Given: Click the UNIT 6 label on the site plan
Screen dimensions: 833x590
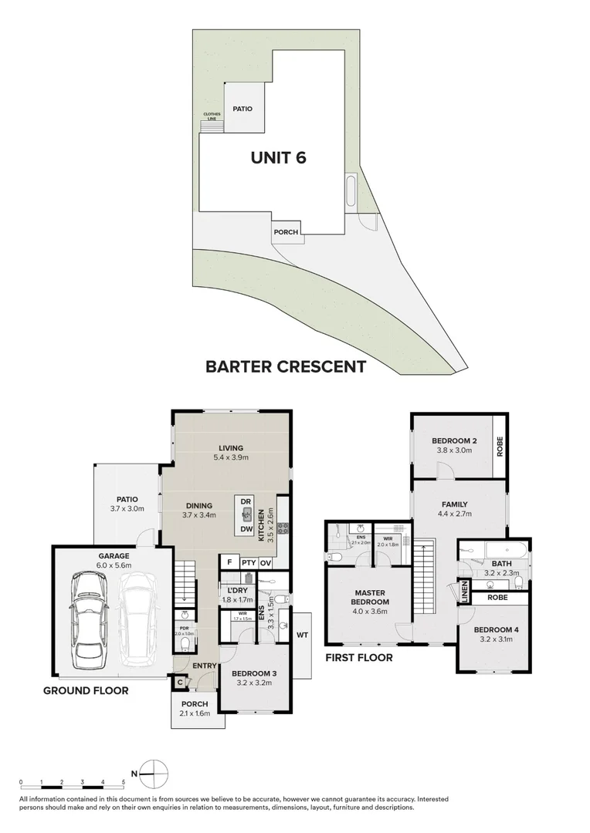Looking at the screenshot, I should coord(278,158).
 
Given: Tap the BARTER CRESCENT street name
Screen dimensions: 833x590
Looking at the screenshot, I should coord(285,367).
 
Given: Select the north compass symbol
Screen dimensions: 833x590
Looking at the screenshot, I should coord(155,772).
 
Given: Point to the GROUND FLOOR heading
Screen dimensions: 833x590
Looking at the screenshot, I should coord(86,690).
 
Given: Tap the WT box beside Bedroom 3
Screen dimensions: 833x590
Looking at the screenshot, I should coord(301,636).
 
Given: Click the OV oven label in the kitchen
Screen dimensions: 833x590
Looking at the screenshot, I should coord(265,563).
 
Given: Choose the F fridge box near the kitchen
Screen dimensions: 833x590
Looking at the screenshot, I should coord(229,563).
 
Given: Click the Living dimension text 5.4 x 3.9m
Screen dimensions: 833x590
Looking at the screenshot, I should coord(231,457).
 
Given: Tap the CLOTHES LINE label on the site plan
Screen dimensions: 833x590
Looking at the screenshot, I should coord(212,116).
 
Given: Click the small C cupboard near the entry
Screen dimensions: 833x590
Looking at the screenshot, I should coord(179,681).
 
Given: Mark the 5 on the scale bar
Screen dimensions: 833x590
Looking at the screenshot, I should coord(123,781).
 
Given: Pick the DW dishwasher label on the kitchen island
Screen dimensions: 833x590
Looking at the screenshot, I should coord(246,528).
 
